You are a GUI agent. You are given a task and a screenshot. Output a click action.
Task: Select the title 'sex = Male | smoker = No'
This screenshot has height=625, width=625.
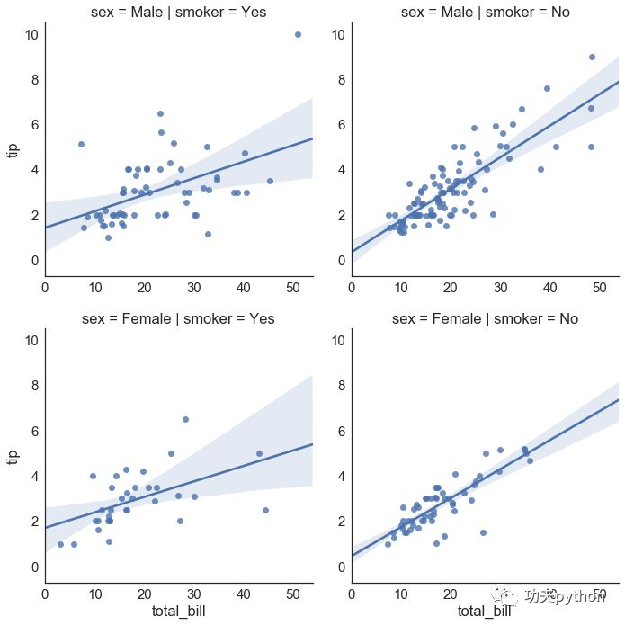pyautogui.click(x=486, y=12)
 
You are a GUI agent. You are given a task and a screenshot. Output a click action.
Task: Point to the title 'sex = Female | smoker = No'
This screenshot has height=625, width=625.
pyautogui.click(x=486, y=318)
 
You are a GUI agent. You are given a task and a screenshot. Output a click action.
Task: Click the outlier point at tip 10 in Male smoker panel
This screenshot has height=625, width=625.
pyautogui.click(x=298, y=34)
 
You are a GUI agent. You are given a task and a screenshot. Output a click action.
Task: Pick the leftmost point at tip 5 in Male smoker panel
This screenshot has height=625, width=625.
pyautogui.click(x=81, y=144)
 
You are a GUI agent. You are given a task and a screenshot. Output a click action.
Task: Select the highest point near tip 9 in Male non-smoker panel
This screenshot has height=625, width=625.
pyautogui.click(x=592, y=57)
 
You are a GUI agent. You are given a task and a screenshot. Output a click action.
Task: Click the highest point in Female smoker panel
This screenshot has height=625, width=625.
pyautogui.click(x=185, y=419)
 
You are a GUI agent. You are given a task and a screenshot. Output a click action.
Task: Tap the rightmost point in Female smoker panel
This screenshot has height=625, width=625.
pyautogui.click(x=265, y=510)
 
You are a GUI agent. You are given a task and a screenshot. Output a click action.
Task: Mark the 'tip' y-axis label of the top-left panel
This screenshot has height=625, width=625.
pyautogui.click(x=13, y=148)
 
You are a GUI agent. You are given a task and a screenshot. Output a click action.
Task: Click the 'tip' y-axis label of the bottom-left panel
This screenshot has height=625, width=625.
pyautogui.click(x=13, y=455)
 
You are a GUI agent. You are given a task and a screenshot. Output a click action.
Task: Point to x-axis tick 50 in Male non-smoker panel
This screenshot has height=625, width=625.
pyautogui.click(x=598, y=288)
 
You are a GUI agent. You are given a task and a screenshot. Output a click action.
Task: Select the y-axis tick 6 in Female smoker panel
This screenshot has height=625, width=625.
pyautogui.click(x=33, y=431)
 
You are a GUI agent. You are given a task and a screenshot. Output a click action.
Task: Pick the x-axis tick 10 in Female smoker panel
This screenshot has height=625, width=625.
pyautogui.click(x=94, y=594)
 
